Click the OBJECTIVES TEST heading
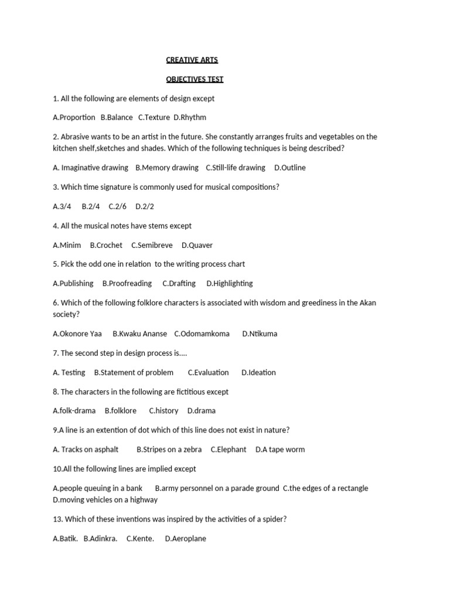click(194, 79)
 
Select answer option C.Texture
click(154, 117)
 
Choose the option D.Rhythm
click(190, 117)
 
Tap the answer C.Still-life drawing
click(235, 168)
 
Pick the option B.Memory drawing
click(166, 168)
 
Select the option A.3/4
click(62, 206)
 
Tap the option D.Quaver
click(197, 245)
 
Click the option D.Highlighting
click(229, 283)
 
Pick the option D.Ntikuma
click(260, 333)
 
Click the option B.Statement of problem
click(134, 372)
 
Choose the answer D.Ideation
click(258, 372)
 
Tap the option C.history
click(163, 411)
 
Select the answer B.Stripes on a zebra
click(169, 449)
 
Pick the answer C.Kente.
click(140, 538)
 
